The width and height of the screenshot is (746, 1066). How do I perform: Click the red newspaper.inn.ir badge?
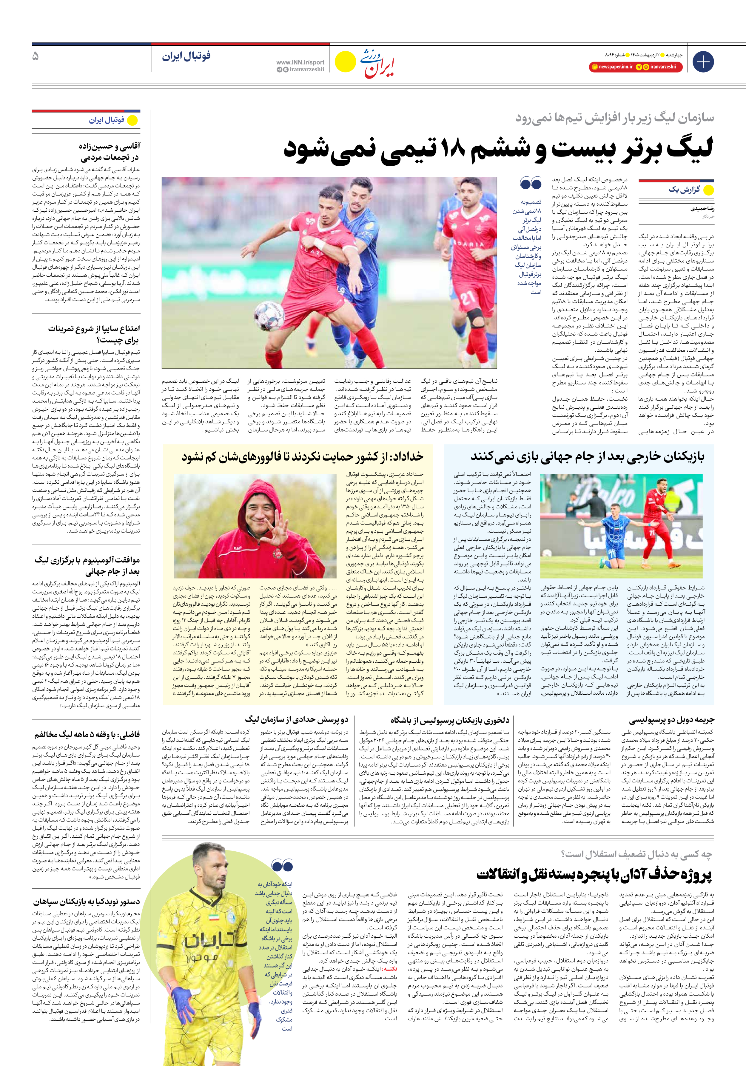[x=612, y=67]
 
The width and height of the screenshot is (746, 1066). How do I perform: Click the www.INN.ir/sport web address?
[x=300, y=62]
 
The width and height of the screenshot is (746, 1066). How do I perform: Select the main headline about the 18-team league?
[x=498, y=150]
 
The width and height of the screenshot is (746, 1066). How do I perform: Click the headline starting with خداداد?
[x=303, y=457]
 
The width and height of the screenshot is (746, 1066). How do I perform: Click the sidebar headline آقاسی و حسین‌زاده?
[x=109, y=152]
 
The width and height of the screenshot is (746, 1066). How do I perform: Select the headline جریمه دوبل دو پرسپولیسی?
[x=671, y=720]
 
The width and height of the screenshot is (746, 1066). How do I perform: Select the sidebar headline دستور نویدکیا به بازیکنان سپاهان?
[x=86, y=901]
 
